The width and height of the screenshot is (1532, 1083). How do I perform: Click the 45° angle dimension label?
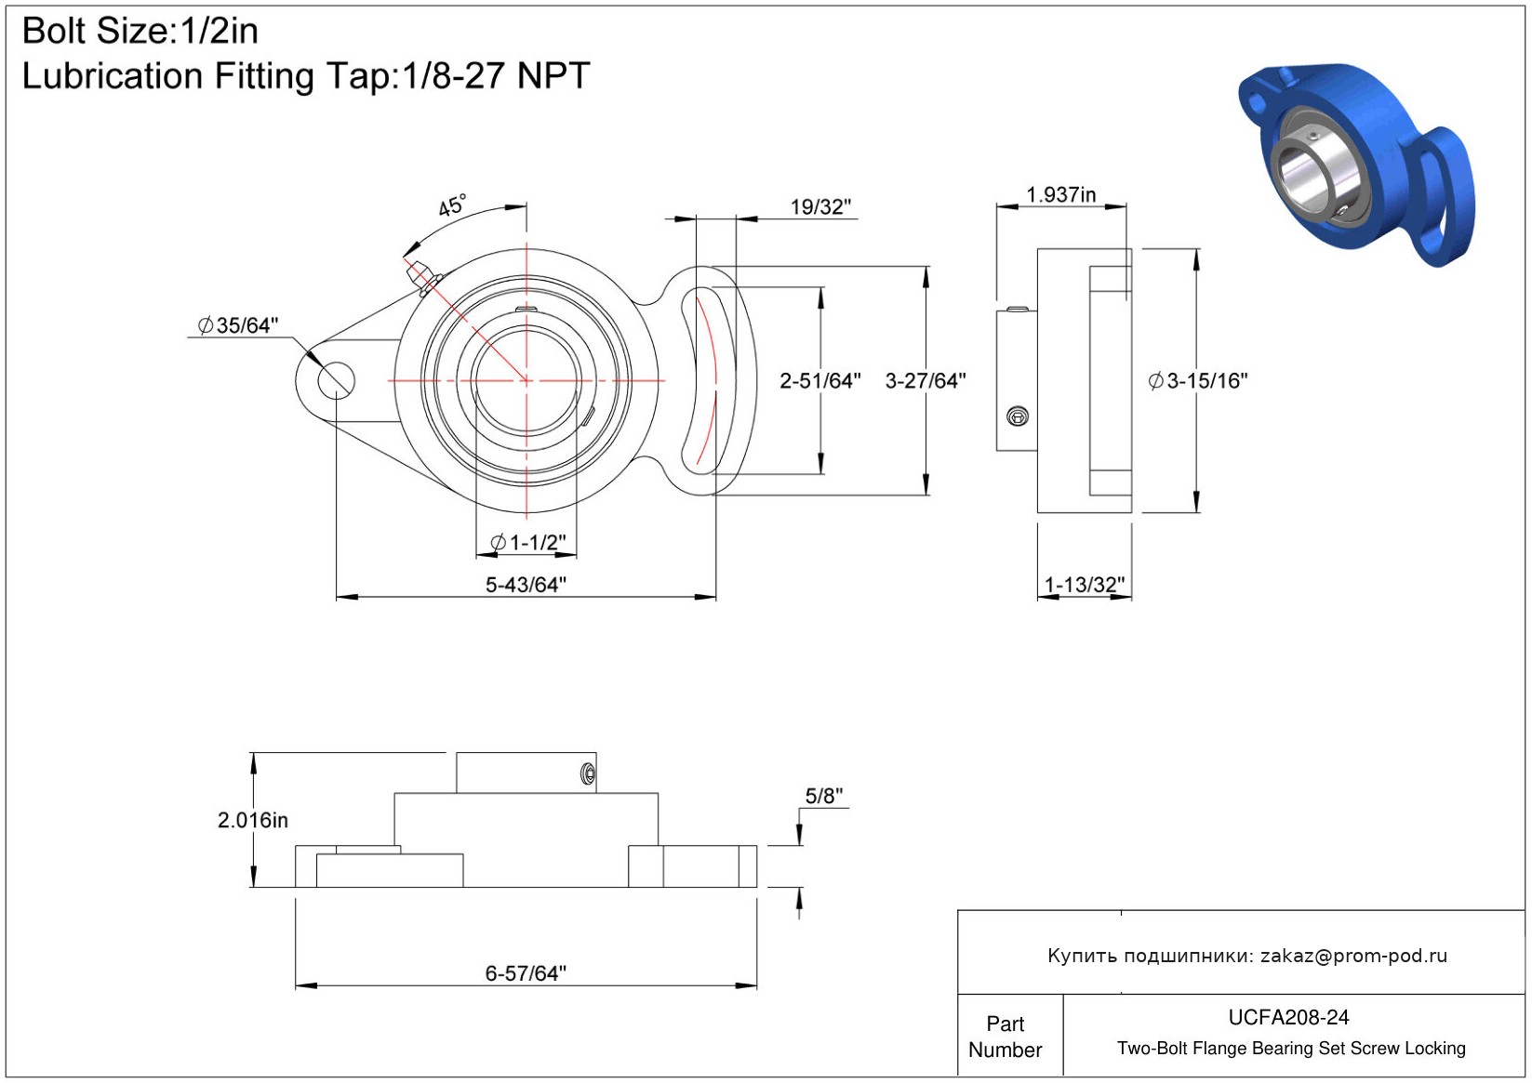[452, 205]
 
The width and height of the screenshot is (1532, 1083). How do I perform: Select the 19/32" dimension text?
[820, 207]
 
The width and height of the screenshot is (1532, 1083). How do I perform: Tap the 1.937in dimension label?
[1060, 195]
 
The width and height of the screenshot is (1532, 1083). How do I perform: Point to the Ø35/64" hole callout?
[238, 325]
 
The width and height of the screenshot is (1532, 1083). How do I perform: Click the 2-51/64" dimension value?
[819, 381]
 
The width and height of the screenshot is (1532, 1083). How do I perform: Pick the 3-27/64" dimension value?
[926, 381]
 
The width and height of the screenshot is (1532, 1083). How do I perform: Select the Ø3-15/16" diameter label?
[1198, 381]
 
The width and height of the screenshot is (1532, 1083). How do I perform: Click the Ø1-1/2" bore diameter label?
[527, 542]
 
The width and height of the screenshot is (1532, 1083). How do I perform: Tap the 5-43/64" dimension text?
[526, 585]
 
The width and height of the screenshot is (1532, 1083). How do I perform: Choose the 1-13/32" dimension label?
[1085, 585]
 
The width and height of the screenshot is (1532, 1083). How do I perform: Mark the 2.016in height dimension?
[253, 821]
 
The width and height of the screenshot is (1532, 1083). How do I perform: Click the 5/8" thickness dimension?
[823, 797]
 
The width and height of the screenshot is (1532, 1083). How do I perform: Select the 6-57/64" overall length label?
[526, 973]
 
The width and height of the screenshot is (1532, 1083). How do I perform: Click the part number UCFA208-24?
[1288, 1018]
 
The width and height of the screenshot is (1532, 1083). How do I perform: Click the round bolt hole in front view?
[336, 380]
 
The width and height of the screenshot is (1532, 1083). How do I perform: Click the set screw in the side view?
[1018, 416]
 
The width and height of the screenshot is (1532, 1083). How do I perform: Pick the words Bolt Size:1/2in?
[140, 32]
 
